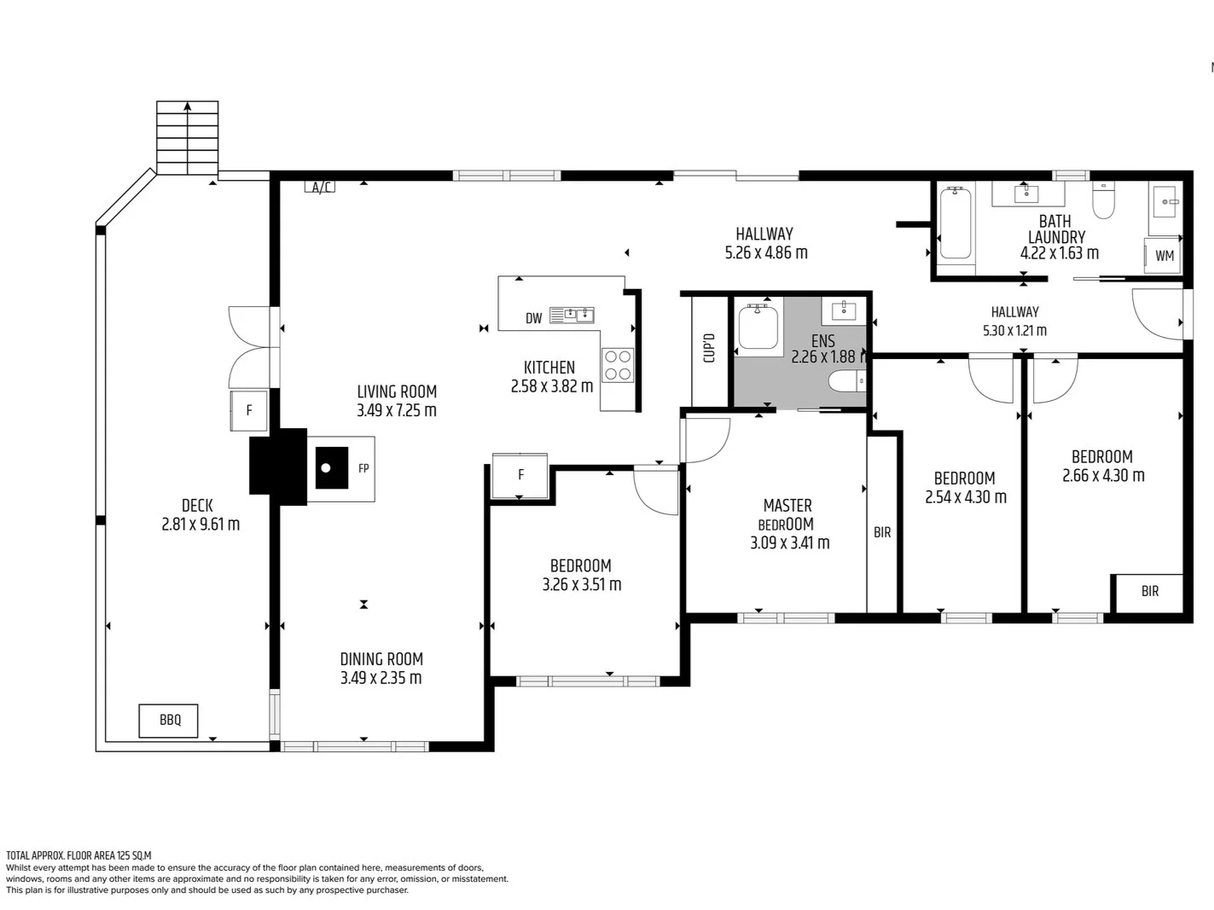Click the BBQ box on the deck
tap(169, 721)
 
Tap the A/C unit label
tap(321, 188)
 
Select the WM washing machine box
tap(1164, 256)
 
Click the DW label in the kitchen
tap(534, 319)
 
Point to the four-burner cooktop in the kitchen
tap(618, 365)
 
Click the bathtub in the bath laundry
tap(956, 224)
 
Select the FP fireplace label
tap(363, 468)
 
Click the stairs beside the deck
tap(187, 137)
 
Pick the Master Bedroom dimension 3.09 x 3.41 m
tap(789, 543)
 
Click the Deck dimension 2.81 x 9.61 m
tap(200, 525)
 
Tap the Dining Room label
tap(381, 659)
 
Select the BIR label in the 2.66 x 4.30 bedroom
tap(1149, 591)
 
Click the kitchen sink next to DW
tap(572, 316)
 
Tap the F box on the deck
tap(249, 410)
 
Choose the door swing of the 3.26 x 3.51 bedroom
tap(655, 491)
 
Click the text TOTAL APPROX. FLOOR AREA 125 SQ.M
tap(78, 855)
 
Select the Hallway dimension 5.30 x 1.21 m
tap(1014, 331)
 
